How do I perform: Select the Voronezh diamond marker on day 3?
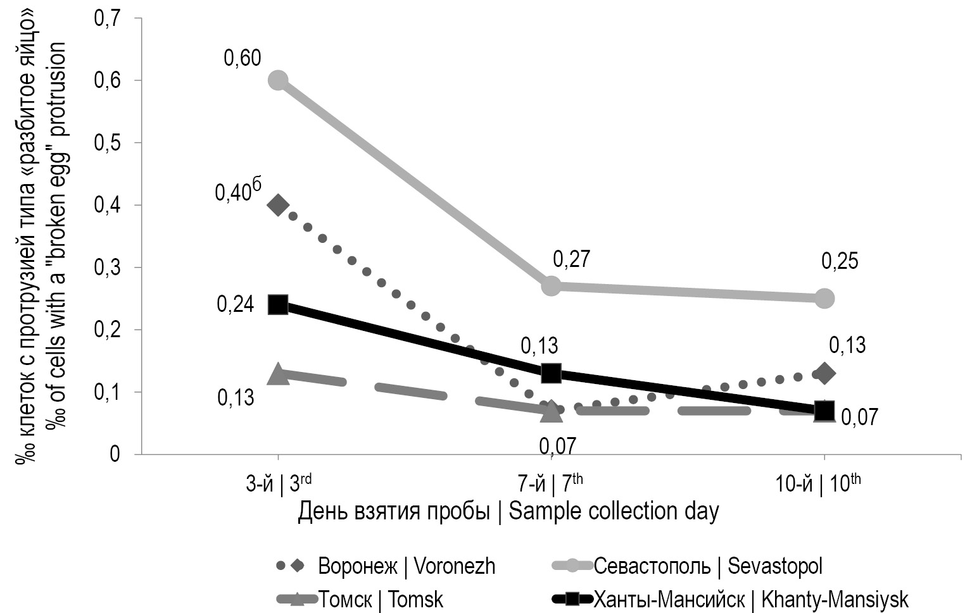278,205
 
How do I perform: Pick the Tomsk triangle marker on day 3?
278,374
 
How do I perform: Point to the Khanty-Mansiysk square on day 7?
551,373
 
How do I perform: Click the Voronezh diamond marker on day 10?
824,373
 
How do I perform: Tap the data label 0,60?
242,59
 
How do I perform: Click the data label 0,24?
235,304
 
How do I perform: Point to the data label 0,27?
571,259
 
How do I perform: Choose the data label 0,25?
840,261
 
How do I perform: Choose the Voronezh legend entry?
406,566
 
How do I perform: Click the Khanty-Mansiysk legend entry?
750,598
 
